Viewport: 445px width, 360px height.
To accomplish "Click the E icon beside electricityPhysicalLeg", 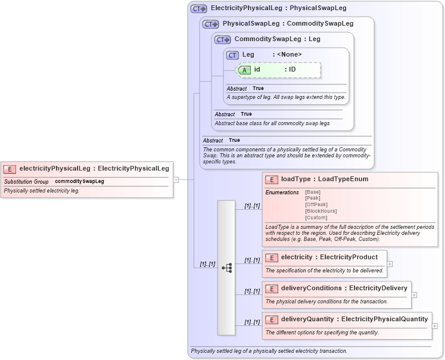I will (10, 169).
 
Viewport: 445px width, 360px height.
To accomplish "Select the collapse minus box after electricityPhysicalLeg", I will (176, 179).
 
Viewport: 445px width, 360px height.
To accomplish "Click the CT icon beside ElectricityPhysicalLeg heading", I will (198, 9).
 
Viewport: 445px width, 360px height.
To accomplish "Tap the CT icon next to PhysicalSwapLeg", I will (211, 24).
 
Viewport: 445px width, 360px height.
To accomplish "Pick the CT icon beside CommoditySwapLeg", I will (223, 40).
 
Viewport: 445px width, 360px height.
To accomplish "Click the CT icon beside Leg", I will (232, 55).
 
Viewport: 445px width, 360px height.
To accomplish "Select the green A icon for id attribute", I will (244, 70).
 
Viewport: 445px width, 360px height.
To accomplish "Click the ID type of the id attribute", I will (292, 70).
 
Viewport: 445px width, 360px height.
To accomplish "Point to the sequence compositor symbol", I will (226, 268).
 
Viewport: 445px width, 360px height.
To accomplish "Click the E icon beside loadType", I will (272, 179).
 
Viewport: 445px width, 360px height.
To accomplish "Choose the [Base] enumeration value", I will (312, 193).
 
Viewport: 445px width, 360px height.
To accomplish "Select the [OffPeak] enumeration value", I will (316, 205).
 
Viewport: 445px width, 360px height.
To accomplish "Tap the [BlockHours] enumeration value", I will (320, 211).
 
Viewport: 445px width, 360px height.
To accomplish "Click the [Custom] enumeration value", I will (316, 218).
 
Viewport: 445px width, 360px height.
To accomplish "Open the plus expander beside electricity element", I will (390, 263).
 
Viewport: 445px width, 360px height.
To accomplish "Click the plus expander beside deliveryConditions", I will (414, 294).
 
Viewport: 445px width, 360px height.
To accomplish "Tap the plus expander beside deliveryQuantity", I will (434, 325).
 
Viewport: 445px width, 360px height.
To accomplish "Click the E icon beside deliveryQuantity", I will (272, 319).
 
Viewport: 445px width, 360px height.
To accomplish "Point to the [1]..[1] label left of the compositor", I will (207, 264).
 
